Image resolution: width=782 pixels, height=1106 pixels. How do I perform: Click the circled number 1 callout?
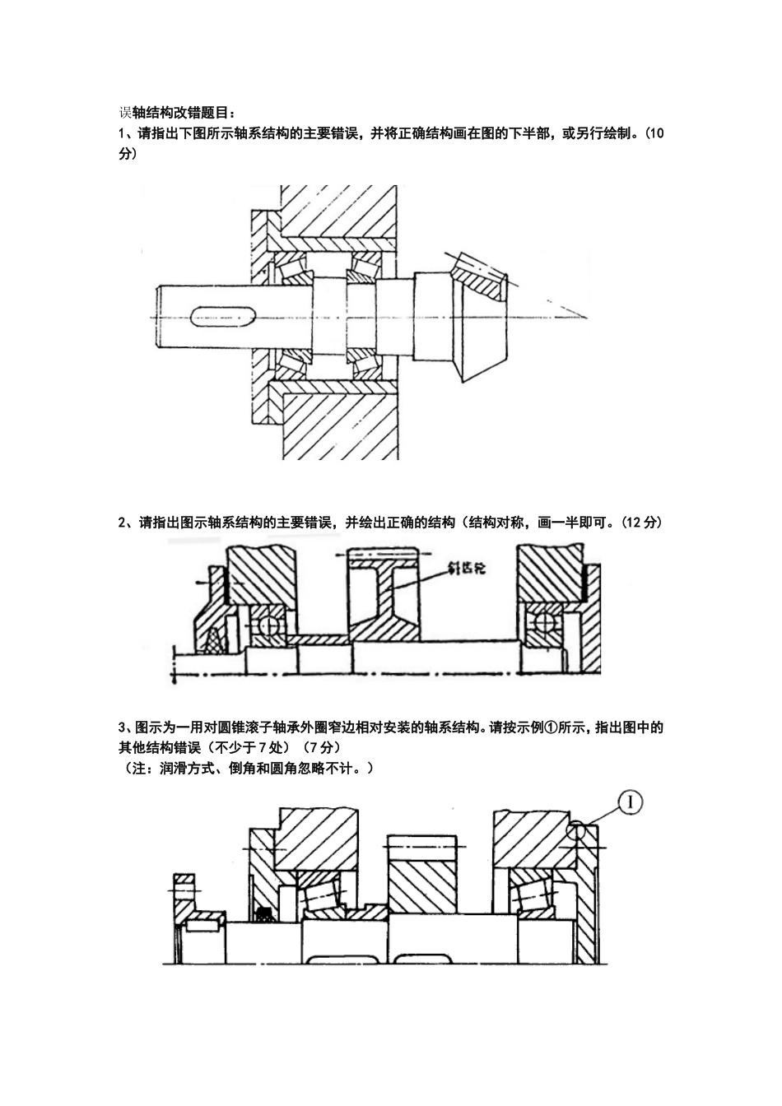coord(630,803)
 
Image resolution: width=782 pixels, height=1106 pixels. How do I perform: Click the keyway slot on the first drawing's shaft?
coord(223,316)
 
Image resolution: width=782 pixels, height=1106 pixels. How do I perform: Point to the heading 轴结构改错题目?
coord(180,113)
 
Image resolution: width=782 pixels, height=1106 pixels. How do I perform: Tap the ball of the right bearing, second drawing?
coord(544,622)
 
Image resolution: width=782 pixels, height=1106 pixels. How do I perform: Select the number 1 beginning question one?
coord(122,134)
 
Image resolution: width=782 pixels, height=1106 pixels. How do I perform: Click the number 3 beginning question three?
coord(122,727)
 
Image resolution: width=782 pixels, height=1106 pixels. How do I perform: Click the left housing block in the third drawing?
coord(316,839)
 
